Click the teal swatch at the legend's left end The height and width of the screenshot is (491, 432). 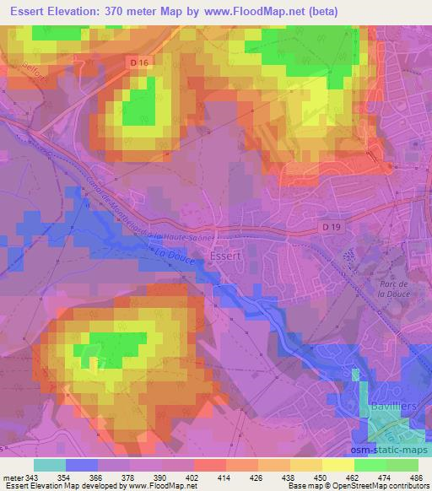50,465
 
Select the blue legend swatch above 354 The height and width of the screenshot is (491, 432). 82,465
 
